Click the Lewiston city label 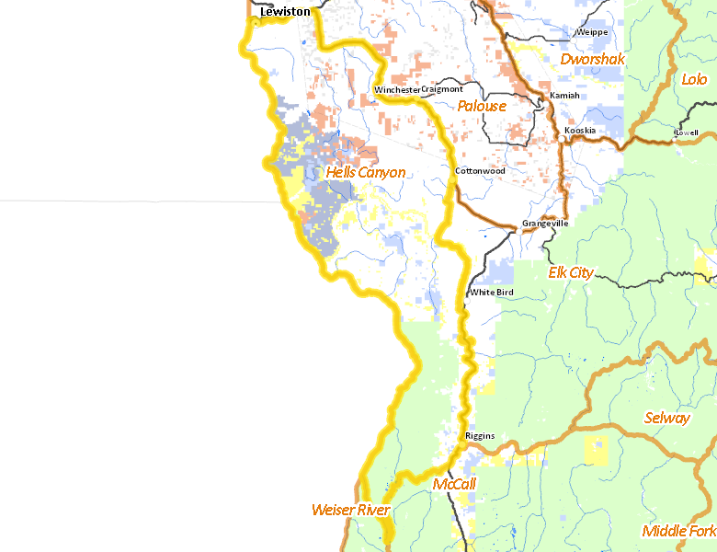coord(285,12)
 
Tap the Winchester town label coord(397,89)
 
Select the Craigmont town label coord(442,89)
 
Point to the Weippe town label coord(592,32)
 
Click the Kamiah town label coord(564,96)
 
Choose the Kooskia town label coord(580,131)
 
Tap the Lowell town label coord(686,132)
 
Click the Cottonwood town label coord(480,171)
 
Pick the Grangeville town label coord(545,224)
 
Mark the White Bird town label coord(492,293)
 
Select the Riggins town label coord(480,436)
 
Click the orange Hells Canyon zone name coord(366,172)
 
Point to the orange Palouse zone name coord(483,106)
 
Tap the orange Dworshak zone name coord(592,60)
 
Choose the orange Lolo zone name coord(694,80)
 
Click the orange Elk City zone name coord(571,273)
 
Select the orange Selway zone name coord(667,419)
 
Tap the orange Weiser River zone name coord(350,510)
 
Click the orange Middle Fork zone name coord(678,531)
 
